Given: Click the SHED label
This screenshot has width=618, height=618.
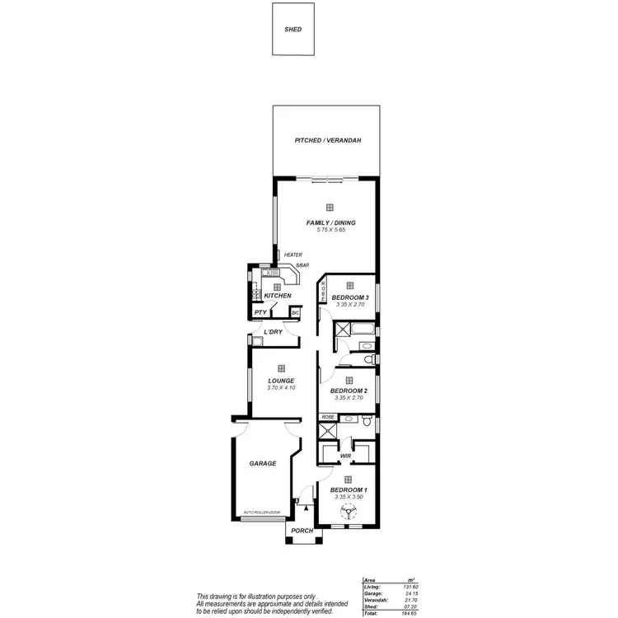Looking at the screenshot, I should click(x=293, y=29).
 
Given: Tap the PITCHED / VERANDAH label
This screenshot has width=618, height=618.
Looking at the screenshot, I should click(x=328, y=141).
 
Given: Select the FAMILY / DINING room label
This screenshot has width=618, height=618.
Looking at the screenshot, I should click(x=329, y=222).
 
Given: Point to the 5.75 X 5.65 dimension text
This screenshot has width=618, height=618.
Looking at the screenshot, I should click(x=329, y=230).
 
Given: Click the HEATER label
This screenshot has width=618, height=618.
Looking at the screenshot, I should click(x=293, y=255).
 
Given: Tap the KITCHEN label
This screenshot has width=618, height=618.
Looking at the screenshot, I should click(x=278, y=296).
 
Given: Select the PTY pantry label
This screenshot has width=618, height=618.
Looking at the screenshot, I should click(x=260, y=313).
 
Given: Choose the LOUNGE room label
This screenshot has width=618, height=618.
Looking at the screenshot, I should click(x=280, y=381).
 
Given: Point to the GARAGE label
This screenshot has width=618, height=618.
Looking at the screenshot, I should click(x=263, y=463).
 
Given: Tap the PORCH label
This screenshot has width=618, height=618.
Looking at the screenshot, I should click(x=302, y=531).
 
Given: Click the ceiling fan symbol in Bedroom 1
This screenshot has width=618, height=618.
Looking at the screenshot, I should click(x=348, y=512).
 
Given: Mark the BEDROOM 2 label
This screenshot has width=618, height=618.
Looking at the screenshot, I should click(x=349, y=391).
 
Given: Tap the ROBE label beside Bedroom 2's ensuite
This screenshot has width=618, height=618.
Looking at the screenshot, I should click(x=328, y=418).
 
